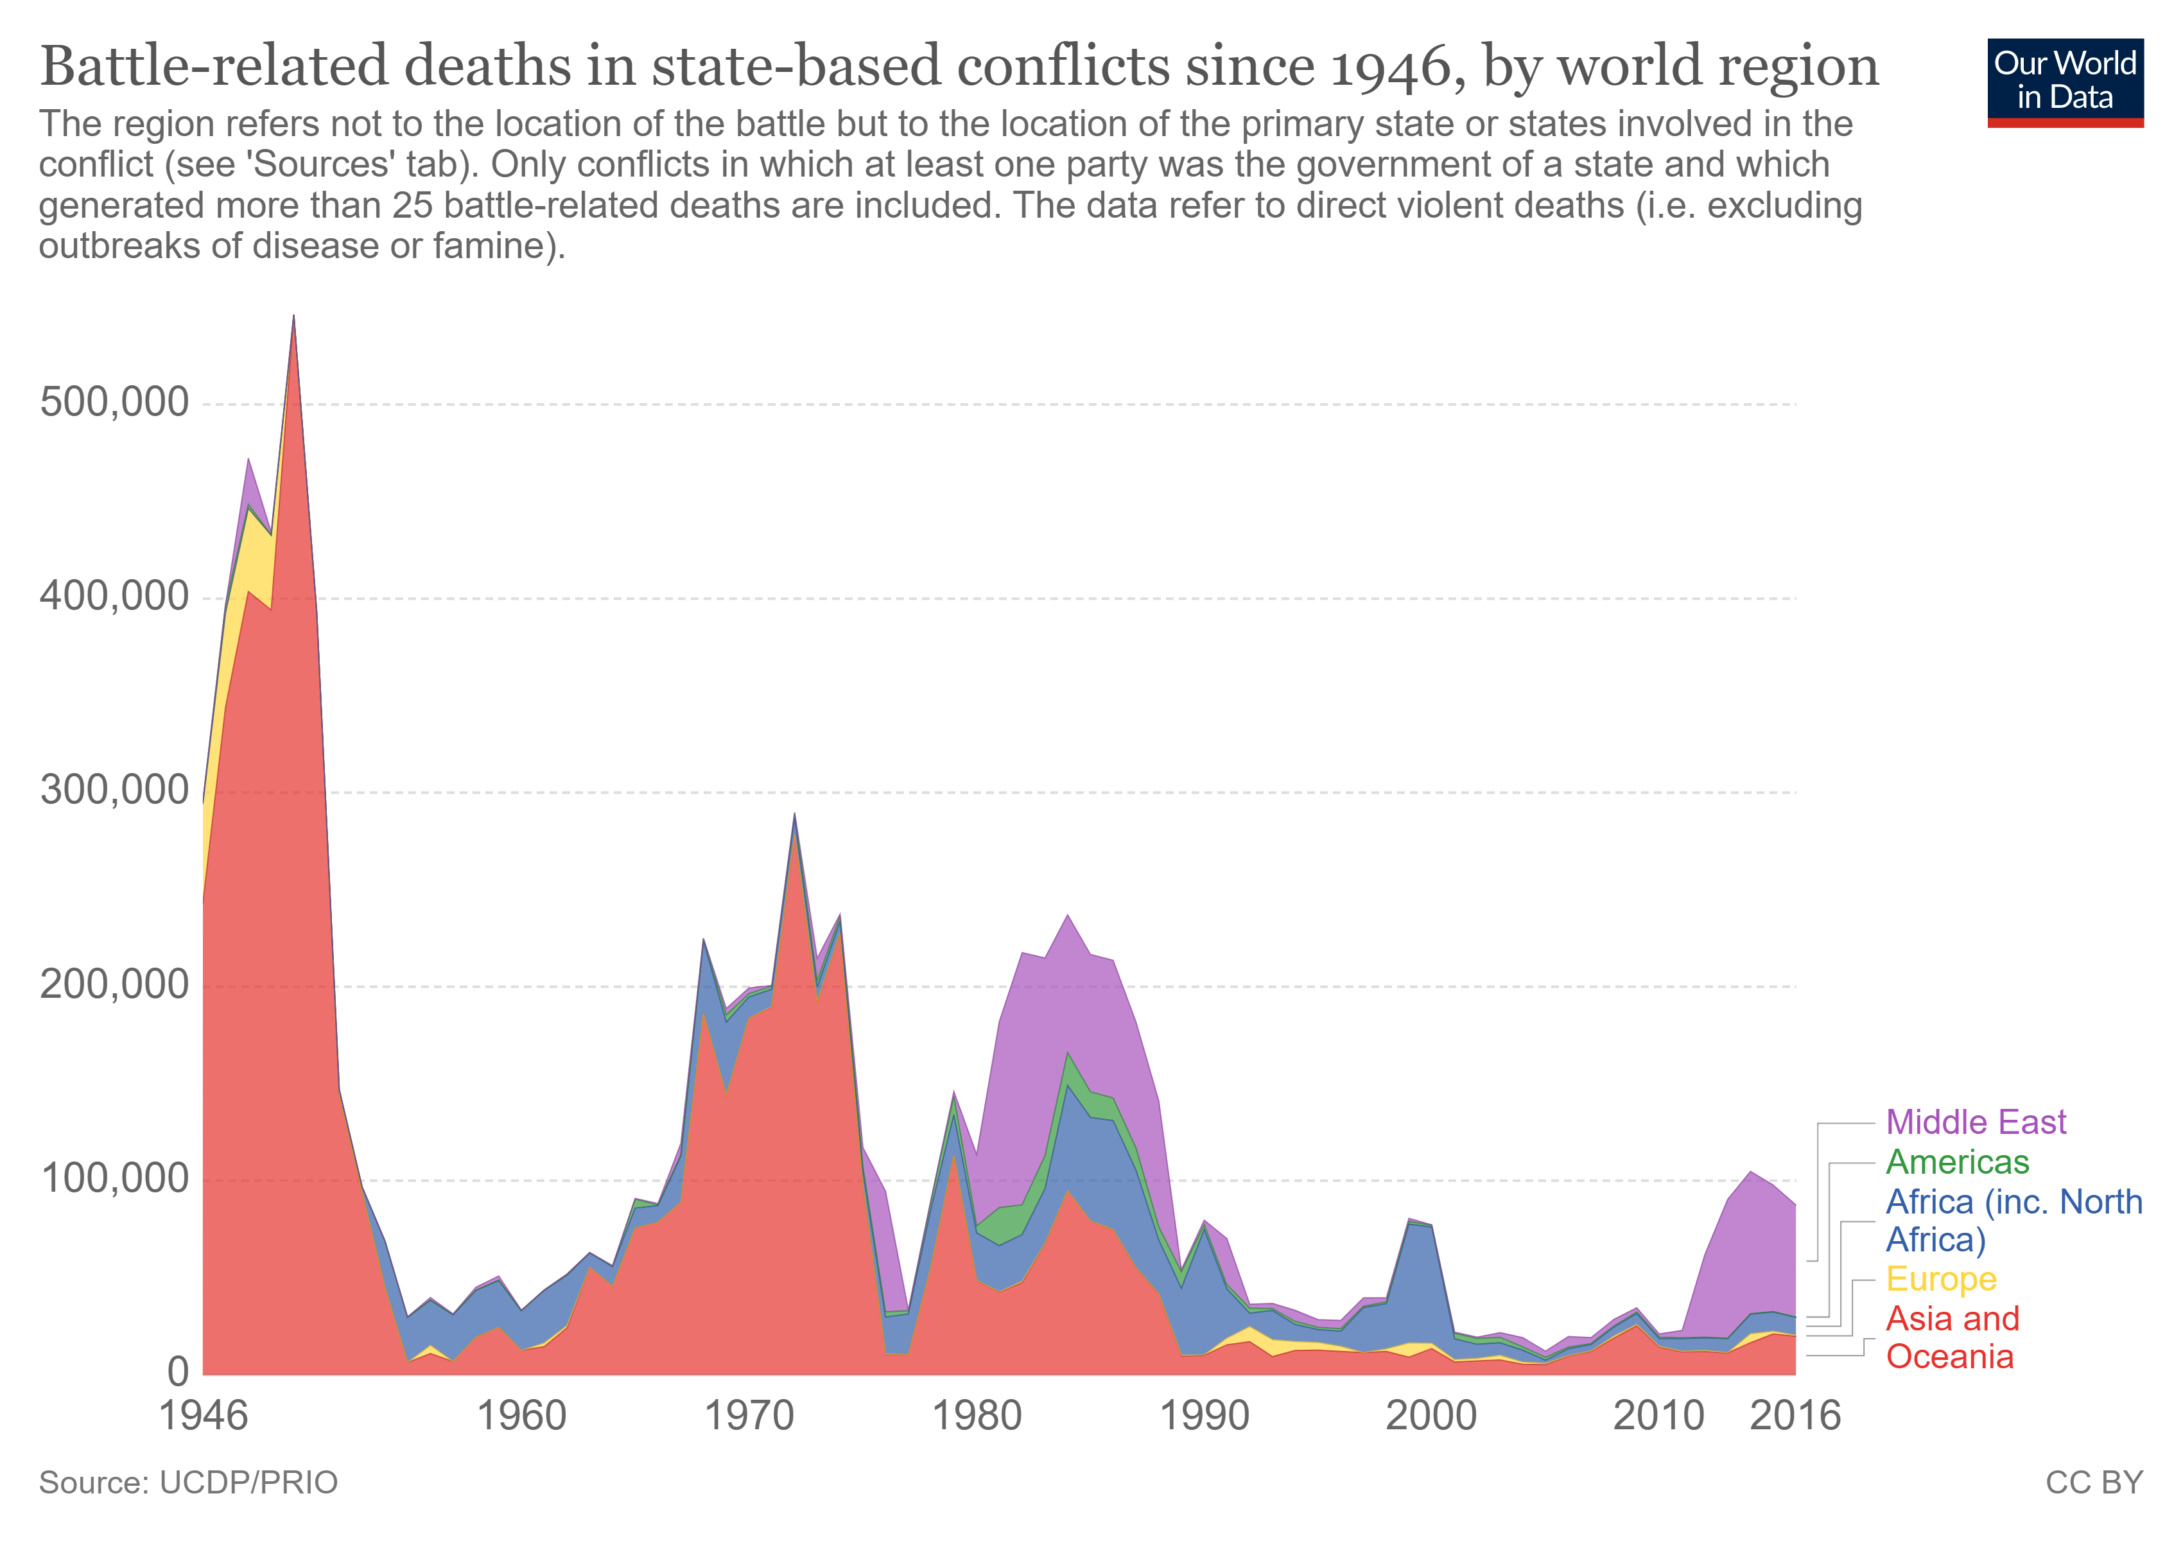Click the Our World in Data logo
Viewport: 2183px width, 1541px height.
[2064, 82]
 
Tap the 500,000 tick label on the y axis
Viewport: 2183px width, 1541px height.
[114, 403]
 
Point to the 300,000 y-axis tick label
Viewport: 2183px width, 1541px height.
[114, 791]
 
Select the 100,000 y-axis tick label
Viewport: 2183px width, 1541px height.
[114, 1179]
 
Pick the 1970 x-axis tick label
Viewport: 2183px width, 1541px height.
[749, 1416]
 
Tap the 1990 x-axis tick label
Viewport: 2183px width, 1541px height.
[1205, 1416]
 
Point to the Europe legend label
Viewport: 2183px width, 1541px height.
[1940, 1280]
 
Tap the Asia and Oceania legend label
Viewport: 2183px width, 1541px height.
[1952, 1337]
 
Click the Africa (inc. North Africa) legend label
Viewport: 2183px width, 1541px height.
[2013, 1221]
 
